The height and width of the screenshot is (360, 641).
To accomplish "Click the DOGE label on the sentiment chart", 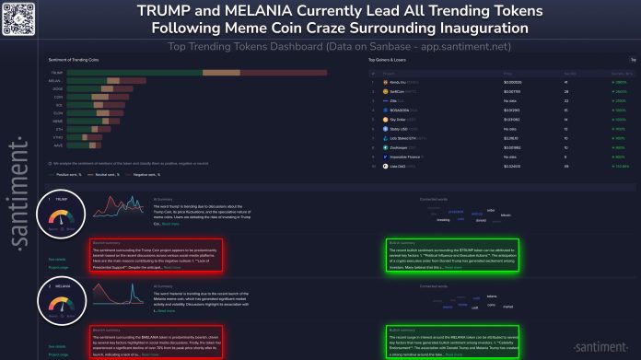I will pos(57,87).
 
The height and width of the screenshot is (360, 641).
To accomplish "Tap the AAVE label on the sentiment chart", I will pos(57,145).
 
